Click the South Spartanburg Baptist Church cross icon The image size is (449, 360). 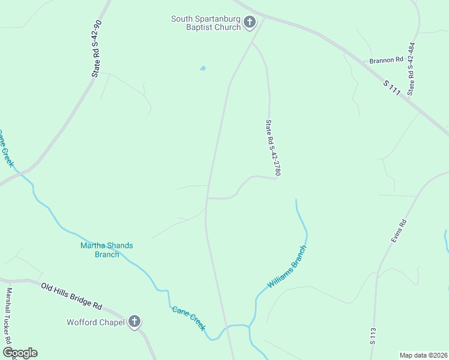(250, 23)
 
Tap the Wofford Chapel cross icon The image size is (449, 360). (134, 322)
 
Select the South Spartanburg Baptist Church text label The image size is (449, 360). (206, 23)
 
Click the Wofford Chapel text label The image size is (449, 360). (95, 323)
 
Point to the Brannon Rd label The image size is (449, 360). (386, 60)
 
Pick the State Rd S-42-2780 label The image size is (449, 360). (273, 148)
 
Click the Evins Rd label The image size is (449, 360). (399, 230)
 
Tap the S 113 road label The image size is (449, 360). (373, 336)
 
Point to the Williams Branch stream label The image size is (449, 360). (288, 266)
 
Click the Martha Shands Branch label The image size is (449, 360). (107, 250)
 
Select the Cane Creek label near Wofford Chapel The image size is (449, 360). (189, 318)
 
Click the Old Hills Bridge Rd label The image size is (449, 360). (71, 296)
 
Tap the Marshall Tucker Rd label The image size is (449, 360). (10, 324)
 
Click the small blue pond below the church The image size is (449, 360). (203, 68)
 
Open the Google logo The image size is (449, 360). (20, 353)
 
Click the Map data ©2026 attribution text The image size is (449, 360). (424, 355)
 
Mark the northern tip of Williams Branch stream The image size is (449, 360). (296, 200)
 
